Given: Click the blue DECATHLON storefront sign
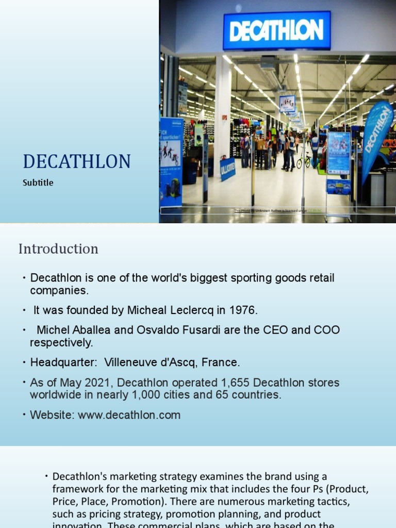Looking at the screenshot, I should coord(276,31).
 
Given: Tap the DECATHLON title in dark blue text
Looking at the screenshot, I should coord(76,162).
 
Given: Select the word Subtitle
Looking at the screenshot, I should coord(38,183).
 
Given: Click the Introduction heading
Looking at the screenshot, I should coord(58,249).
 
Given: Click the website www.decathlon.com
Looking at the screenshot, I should coord(129,415).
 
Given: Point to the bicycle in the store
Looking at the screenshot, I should coord(303,161).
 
